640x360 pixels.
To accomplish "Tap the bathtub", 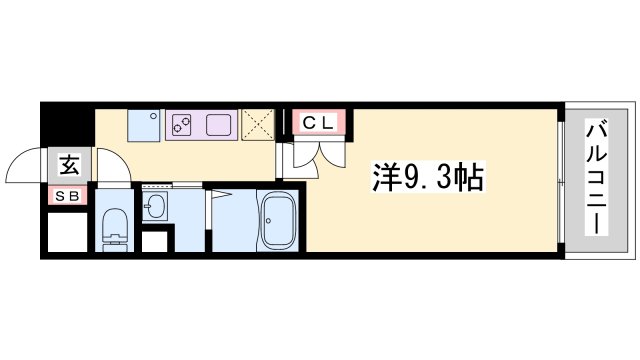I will point(277,219).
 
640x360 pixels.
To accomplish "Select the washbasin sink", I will point(155,208).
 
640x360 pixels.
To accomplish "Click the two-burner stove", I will point(183,125).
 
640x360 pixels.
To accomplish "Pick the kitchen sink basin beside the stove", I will point(218,125).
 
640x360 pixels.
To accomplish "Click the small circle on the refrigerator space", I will point(153,115).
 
